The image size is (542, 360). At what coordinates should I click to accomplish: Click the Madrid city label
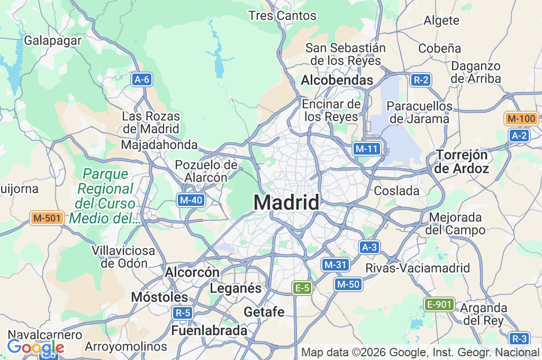tap(286, 203)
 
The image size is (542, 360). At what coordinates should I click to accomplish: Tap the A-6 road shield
tap(142, 80)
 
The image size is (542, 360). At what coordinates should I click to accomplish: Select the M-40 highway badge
tap(191, 200)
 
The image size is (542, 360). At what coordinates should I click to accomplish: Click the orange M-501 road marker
tap(47, 218)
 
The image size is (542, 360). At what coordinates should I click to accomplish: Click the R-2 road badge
tap(421, 80)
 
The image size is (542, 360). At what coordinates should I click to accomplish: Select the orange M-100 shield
tap(521, 119)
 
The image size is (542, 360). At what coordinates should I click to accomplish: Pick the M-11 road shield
tap(366, 149)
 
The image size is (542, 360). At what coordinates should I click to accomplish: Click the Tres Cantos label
tap(282, 16)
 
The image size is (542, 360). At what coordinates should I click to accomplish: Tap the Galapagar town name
tap(53, 40)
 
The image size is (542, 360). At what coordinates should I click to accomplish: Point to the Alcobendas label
tap(337, 80)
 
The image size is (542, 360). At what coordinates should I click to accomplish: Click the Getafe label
tap(264, 312)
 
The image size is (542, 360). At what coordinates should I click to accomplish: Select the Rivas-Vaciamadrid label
tap(418, 268)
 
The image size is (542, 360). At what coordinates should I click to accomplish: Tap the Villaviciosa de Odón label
tap(123, 256)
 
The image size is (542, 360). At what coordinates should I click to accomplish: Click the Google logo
tap(35, 347)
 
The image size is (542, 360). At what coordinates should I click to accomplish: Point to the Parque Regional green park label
tap(105, 196)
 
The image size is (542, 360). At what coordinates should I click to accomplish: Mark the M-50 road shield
tap(348, 284)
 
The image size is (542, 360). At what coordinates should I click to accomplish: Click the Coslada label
tap(396, 191)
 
